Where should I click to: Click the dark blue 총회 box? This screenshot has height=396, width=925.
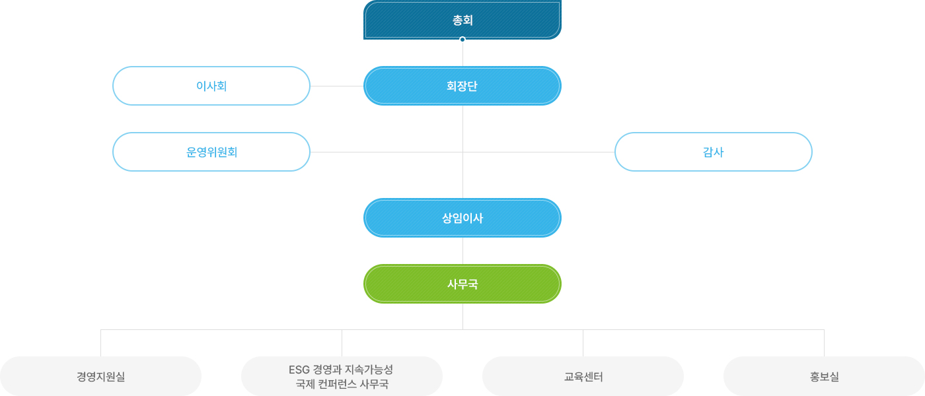click(462, 20)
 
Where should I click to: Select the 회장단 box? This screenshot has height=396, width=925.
click(462, 86)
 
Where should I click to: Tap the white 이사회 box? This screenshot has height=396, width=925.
click(211, 86)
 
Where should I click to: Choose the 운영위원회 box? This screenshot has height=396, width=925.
click(211, 152)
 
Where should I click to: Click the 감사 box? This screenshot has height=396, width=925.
click(713, 152)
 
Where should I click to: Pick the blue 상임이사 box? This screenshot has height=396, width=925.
click(462, 218)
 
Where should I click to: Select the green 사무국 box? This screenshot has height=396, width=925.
click(462, 284)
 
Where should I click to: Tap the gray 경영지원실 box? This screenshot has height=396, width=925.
click(100, 376)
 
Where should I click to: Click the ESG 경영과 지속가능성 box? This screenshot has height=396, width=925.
click(342, 376)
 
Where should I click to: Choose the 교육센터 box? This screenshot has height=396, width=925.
click(583, 376)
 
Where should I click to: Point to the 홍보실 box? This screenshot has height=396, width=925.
click(825, 376)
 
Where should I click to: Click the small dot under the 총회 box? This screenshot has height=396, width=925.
click(462, 39)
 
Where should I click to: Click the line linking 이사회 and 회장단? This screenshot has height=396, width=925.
click(337, 86)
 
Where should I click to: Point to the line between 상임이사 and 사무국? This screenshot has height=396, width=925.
click(462, 251)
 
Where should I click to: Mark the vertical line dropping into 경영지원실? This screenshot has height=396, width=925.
click(100, 343)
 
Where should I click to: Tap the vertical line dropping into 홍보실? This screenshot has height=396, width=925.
click(825, 343)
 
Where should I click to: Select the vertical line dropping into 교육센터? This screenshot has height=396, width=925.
click(583, 343)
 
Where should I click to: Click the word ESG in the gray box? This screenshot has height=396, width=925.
click(299, 370)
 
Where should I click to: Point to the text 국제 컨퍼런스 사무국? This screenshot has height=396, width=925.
click(342, 384)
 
